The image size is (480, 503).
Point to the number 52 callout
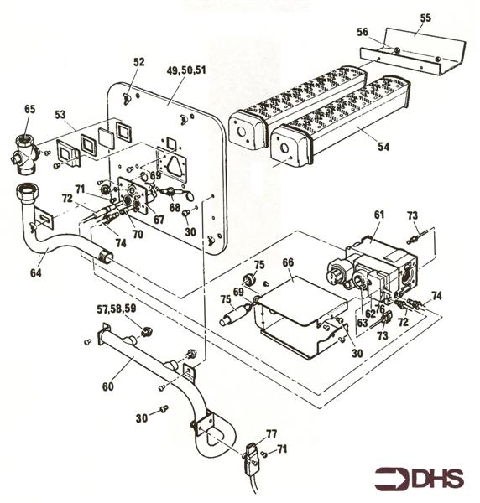(138, 62)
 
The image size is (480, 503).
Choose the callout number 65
(29, 109)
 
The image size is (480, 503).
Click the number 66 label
(287, 262)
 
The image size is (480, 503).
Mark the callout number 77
(271, 433)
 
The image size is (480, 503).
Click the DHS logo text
(436, 480)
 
